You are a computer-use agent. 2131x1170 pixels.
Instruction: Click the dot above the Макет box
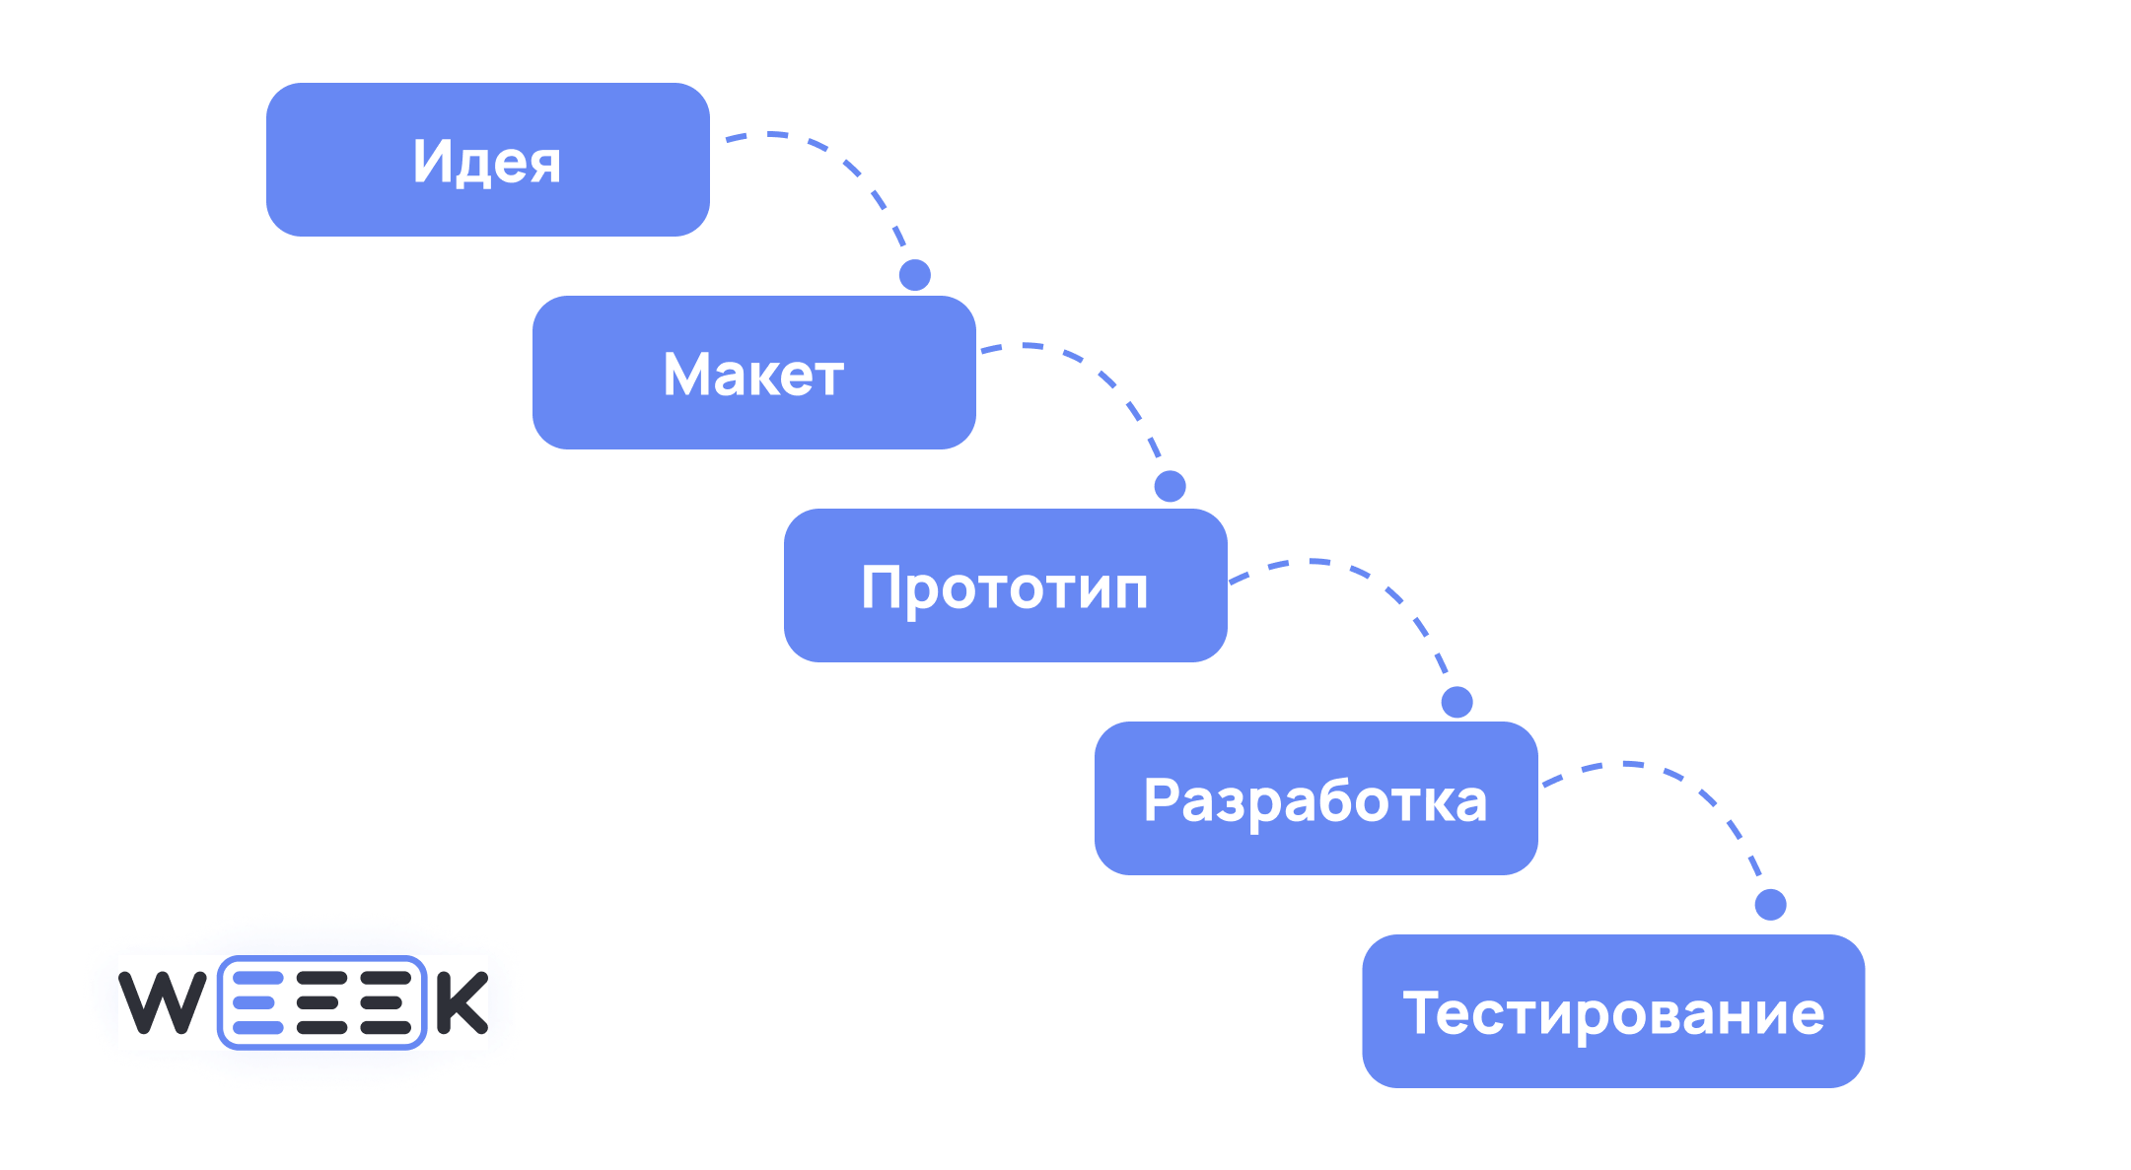[915, 275]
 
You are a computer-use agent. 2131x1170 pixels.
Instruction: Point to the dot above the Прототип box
[1170, 486]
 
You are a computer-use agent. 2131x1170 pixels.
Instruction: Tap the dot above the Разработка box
[1456, 702]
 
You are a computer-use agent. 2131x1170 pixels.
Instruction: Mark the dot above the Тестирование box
[1770, 904]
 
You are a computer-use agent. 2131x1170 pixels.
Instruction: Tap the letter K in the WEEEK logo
[462, 1002]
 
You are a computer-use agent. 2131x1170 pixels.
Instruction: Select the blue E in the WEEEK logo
[258, 1002]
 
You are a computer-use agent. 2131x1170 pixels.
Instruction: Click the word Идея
[487, 161]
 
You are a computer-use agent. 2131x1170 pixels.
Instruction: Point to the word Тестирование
[1613, 1012]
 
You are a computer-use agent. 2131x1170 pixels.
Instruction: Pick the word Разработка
[1315, 799]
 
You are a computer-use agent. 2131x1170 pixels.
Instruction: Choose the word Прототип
[1005, 587]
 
